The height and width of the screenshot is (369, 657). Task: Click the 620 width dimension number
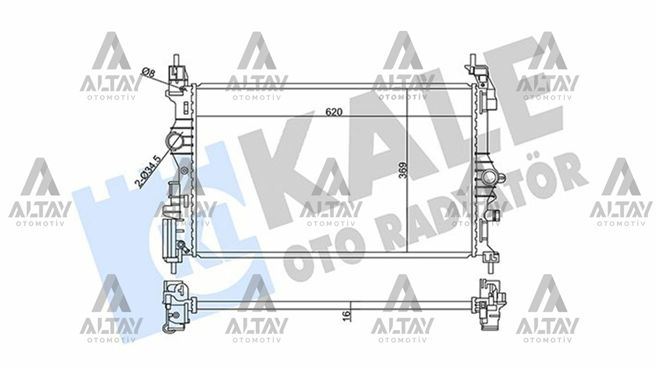(334, 112)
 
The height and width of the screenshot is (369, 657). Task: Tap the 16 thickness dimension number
(346, 315)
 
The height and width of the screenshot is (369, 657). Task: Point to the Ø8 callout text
(148, 72)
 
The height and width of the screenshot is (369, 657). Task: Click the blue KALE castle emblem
(125, 217)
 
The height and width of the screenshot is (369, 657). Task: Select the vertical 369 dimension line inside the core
(408, 197)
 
